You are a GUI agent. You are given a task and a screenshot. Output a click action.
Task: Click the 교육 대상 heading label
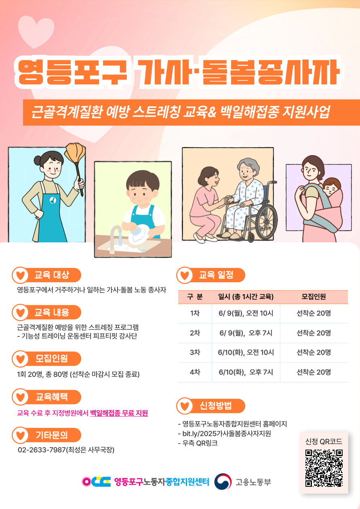tap(52, 275)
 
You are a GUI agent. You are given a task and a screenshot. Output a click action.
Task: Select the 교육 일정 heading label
tap(216, 275)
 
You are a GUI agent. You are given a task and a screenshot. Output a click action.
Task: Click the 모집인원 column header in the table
tap(314, 297)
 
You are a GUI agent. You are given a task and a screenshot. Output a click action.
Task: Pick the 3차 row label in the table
tap(195, 352)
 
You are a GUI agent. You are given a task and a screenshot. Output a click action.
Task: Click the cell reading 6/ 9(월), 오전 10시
tap(246, 313)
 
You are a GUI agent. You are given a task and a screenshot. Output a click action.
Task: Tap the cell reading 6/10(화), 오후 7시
tap(246, 372)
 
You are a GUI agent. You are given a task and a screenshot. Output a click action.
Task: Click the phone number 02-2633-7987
tap(42, 450)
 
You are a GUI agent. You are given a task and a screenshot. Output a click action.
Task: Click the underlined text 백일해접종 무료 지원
tap(119, 413)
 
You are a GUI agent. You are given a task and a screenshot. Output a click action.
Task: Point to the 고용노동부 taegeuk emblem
tap(223, 482)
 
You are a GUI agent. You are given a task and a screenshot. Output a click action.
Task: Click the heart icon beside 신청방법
tap(185, 406)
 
